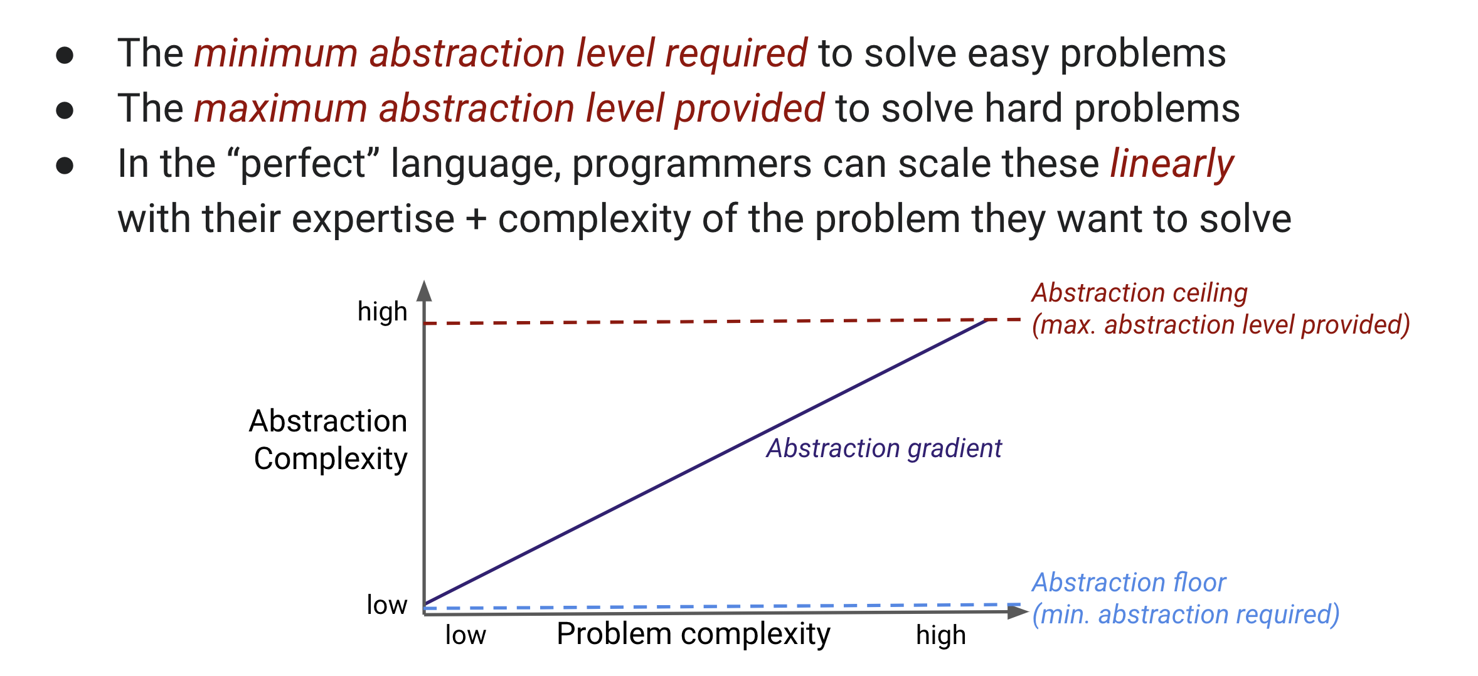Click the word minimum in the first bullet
(x=276, y=53)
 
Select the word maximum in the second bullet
(x=280, y=108)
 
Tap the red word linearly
(x=1172, y=164)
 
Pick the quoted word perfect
(x=303, y=164)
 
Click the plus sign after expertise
(x=476, y=219)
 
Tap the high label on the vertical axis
(x=382, y=311)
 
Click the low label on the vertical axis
(x=387, y=605)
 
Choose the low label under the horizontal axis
(x=465, y=635)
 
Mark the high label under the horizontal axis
(x=940, y=635)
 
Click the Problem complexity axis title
(x=693, y=634)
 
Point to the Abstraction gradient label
(x=884, y=448)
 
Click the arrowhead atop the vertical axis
(x=425, y=291)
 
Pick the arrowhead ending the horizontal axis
(x=1018, y=611)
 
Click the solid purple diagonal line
(x=706, y=462)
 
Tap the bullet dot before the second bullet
(x=65, y=110)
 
